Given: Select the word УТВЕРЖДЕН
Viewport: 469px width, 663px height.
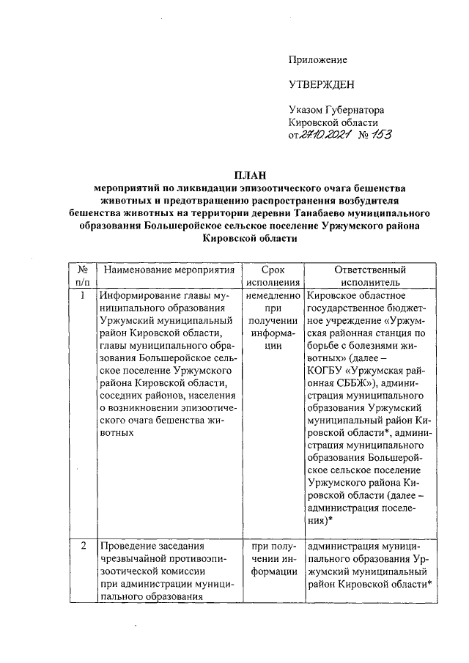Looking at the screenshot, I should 321,85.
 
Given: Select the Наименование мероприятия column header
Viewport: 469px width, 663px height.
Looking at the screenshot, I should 162,270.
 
